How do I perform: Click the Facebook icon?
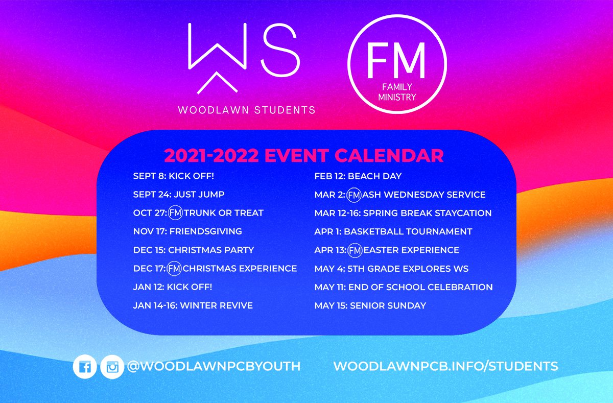[85, 366]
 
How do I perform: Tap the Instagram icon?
[112, 367]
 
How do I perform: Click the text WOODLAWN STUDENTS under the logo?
[247, 110]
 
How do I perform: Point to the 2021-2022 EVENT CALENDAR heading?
[304, 155]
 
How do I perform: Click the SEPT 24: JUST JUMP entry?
[179, 194]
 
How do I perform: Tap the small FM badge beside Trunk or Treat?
[175, 212]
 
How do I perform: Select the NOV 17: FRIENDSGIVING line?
[187, 231]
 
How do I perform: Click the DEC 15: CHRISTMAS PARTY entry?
[194, 250]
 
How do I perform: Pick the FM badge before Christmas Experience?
[174, 268]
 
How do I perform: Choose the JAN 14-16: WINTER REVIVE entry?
[193, 305]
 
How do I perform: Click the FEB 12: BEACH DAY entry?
[358, 176]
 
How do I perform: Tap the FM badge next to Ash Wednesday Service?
[354, 195]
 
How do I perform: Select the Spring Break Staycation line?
[403, 213]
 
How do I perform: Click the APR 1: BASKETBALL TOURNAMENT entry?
[393, 231]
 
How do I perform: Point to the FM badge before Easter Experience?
[355, 250]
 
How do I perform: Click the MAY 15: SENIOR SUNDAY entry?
[370, 305]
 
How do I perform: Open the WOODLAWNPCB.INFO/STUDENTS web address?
[445, 366]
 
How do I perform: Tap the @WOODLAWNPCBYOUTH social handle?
[214, 366]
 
